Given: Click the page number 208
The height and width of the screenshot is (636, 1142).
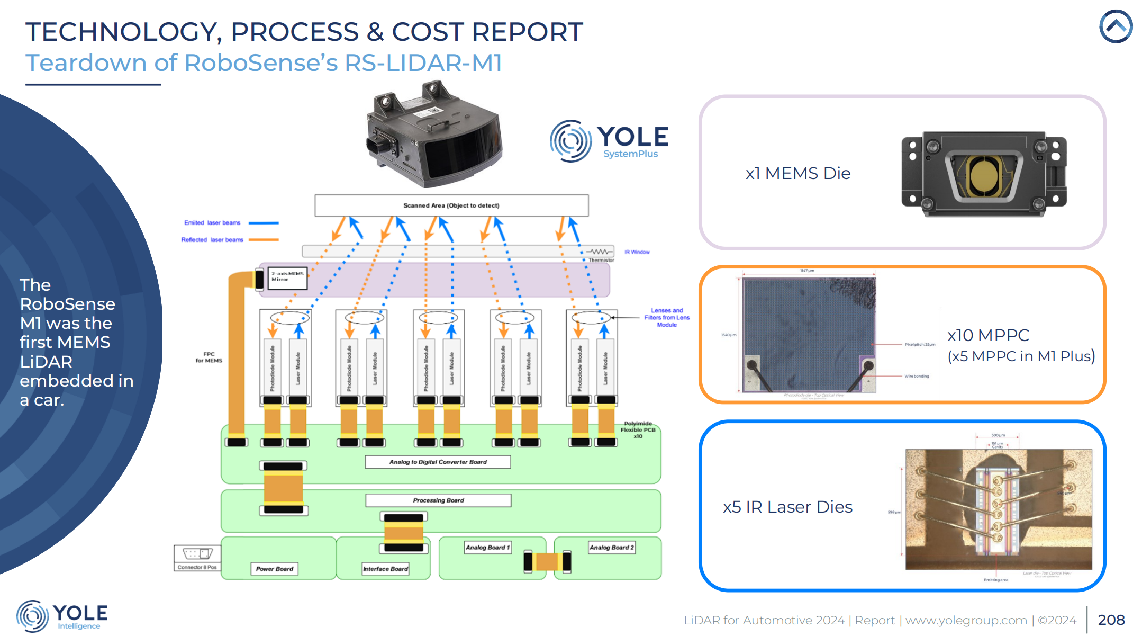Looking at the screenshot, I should coord(1111,620).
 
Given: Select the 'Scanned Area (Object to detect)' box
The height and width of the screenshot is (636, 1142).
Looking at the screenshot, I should coord(451,205).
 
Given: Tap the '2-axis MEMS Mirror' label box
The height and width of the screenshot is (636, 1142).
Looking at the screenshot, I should coord(287,277).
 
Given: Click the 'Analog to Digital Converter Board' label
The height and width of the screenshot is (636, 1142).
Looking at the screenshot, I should coord(438,462).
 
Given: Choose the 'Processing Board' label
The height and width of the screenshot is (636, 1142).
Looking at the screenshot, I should coord(438,500).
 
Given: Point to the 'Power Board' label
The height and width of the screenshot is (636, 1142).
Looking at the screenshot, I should coord(274,569).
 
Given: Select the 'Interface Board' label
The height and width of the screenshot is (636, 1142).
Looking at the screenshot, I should coord(385,569).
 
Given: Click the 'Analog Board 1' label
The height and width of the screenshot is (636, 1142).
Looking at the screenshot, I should coord(487,547).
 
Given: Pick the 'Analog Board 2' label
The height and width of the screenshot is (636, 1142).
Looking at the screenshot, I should coord(611,547).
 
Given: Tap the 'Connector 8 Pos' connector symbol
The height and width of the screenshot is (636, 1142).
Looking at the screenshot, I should coord(197,554).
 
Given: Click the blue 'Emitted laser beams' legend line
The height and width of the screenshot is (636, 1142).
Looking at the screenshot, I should coord(264,223).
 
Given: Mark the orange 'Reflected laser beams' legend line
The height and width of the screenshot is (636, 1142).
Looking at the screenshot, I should coord(264,240).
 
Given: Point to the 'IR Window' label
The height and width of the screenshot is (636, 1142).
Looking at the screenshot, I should coord(637,252).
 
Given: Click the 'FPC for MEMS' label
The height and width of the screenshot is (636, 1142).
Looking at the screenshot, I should coord(209,357).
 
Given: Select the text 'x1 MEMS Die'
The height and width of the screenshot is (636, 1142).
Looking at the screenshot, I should coord(797,173).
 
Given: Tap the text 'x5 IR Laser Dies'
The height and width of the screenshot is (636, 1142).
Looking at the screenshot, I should coord(787,507).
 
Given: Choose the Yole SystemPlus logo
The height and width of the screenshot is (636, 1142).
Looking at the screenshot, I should coord(609,141).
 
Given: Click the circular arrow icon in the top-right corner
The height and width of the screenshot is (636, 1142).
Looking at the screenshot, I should coord(1116,26).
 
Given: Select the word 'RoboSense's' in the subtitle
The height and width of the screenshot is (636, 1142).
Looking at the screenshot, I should coord(261,63).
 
